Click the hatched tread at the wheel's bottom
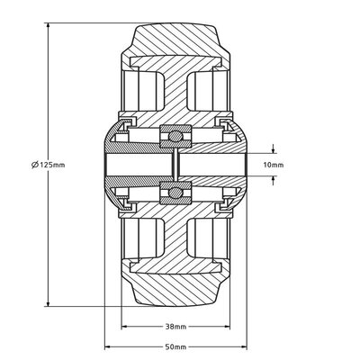point(175,292)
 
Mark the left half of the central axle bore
point(139,166)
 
